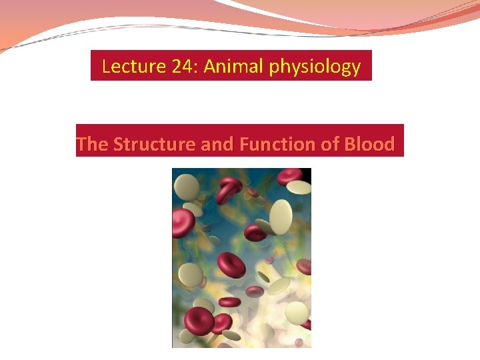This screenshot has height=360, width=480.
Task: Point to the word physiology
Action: pos(315,67)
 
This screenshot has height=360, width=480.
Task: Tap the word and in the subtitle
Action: pos(218,144)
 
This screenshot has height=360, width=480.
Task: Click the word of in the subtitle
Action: pos(330,144)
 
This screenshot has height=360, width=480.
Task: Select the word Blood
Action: pos(369,144)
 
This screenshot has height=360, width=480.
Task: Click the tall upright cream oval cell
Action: pos(281,217)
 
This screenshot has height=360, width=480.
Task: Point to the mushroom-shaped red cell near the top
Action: pos(229,190)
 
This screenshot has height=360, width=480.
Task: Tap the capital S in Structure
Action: pos(118,144)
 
